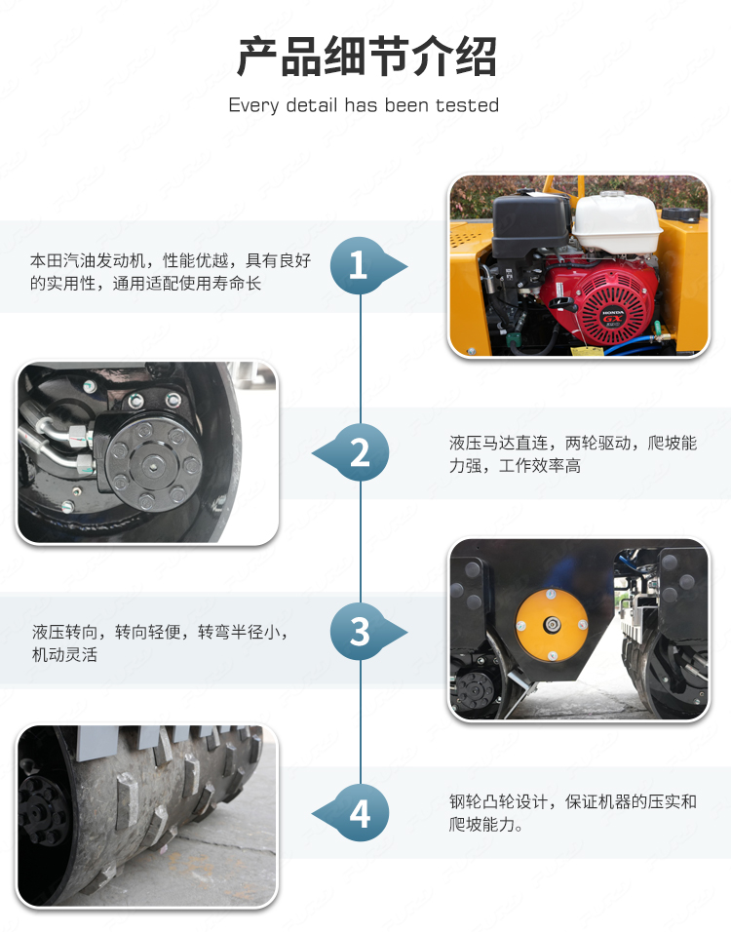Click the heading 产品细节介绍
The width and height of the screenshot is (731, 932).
click(x=366, y=57)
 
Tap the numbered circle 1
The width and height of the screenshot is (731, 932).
click(x=358, y=266)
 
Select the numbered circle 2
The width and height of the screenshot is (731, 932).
click(x=361, y=453)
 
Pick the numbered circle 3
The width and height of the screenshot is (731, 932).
click(x=359, y=631)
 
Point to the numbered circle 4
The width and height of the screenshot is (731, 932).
click(x=361, y=813)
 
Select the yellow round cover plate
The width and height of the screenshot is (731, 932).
click(x=552, y=625)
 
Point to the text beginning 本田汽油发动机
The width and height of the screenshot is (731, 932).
click(x=171, y=272)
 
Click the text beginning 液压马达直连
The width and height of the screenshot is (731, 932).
click(x=573, y=454)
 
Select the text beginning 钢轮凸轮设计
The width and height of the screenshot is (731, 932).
click(x=573, y=813)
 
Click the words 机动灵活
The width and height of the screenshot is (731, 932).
click(x=64, y=654)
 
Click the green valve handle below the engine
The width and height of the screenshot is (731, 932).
click(x=658, y=329)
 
